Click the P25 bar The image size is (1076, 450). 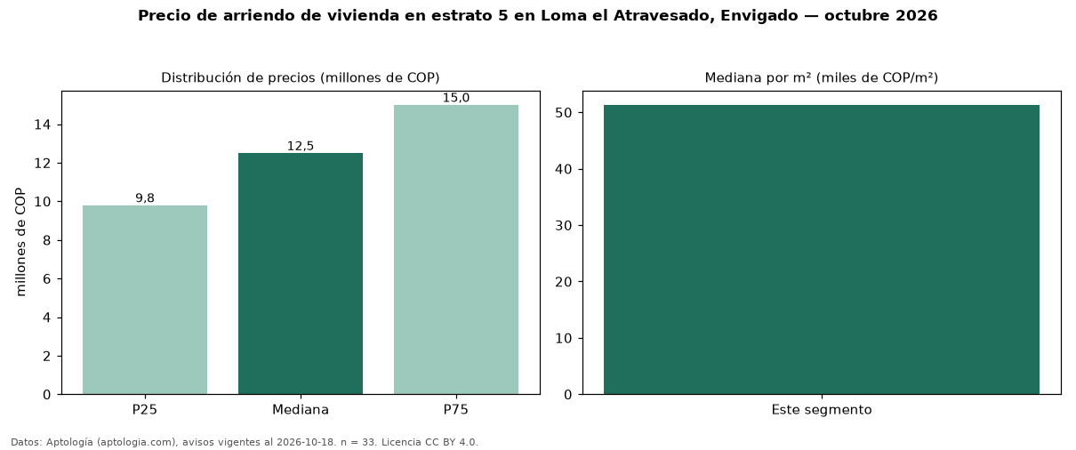pos(145,300)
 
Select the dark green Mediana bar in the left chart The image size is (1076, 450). pos(301,274)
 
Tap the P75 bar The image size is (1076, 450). pos(456,250)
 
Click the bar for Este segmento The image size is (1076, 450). pos(822,250)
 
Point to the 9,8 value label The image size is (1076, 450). pos(145,197)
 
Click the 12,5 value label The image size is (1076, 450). pos(301,146)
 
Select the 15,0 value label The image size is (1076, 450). pos(456,98)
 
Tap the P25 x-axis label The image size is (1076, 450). pos(145,410)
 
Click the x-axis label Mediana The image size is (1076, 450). pos(301,410)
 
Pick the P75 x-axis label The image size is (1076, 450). pos(456,410)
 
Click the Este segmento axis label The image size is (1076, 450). pos(822,410)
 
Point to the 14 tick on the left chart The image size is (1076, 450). pos(43,125)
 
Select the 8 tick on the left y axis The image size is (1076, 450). pos(46,240)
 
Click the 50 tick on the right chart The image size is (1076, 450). pos(564,113)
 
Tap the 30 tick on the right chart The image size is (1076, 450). pos(564,226)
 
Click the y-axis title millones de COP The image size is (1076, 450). pos(20,242)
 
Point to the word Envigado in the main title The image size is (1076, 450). pos(759,16)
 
